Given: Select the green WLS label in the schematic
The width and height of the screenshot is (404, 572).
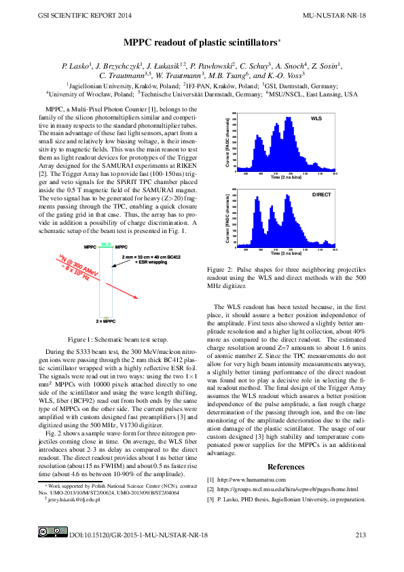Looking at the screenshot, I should tap(105, 243).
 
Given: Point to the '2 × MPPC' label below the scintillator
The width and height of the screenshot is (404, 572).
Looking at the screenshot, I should tap(105, 320).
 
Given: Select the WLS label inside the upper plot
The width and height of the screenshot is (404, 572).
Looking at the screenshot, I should tap(316, 118).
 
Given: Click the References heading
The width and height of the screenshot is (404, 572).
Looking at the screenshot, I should tap(286, 467).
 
